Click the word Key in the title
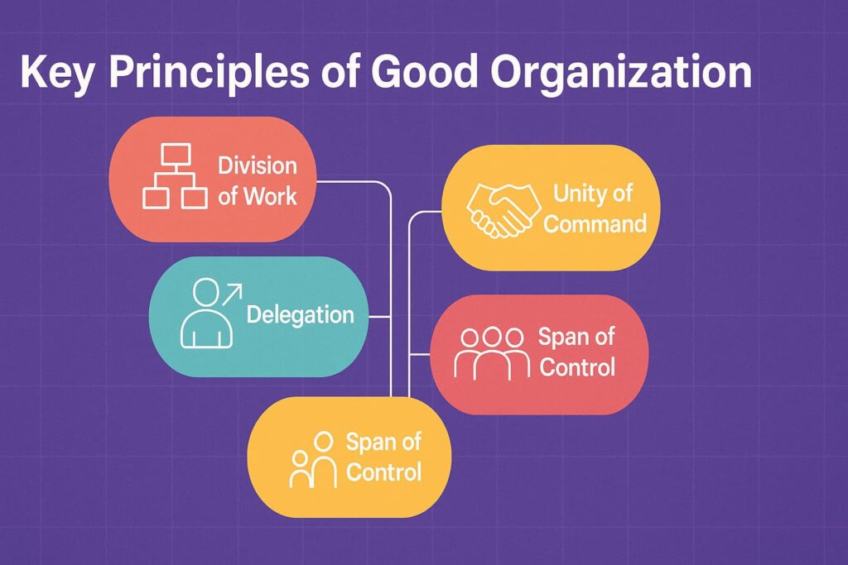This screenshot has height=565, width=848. pyautogui.click(x=56, y=72)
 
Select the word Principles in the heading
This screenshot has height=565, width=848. pyautogui.click(x=210, y=72)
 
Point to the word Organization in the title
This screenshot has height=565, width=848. pyautogui.click(x=621, y=73)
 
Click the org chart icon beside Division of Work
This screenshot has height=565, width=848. pyautogui.click(x=176, y=176)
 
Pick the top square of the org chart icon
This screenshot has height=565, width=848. pyautogui.click(x=176, y=154)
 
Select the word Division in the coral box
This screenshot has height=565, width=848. pyautogui.click(x=258, y=165)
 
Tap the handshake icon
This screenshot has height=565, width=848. pyautogui.click(x=503, y=210)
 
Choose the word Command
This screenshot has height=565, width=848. pyautogui.click(x=595, y=223)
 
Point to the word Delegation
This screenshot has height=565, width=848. pyautogui.click(x=300, y=315)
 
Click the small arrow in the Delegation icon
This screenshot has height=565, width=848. pyautogui.click(x=233, y=294)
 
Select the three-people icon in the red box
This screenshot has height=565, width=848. pyautogui.click(x=492, y=353)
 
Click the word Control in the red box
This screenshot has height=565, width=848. pyautogui.click(x=577, y=367)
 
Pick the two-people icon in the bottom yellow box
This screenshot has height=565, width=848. pyautogui.click(x=314, y=460)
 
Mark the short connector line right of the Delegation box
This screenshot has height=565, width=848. pyautogui.click(x=379, y=317)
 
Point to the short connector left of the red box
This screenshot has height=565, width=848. pyautogui.click(x=420, y=354)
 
